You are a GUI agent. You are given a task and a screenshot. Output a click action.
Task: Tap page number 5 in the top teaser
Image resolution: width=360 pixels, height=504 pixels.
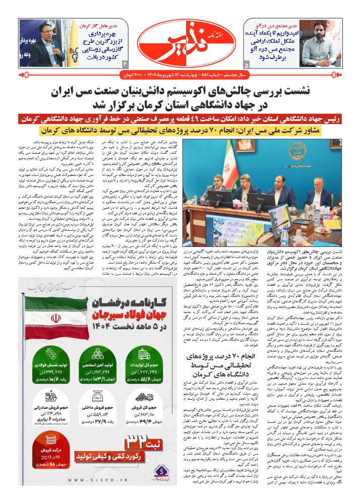tap(246, 65)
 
